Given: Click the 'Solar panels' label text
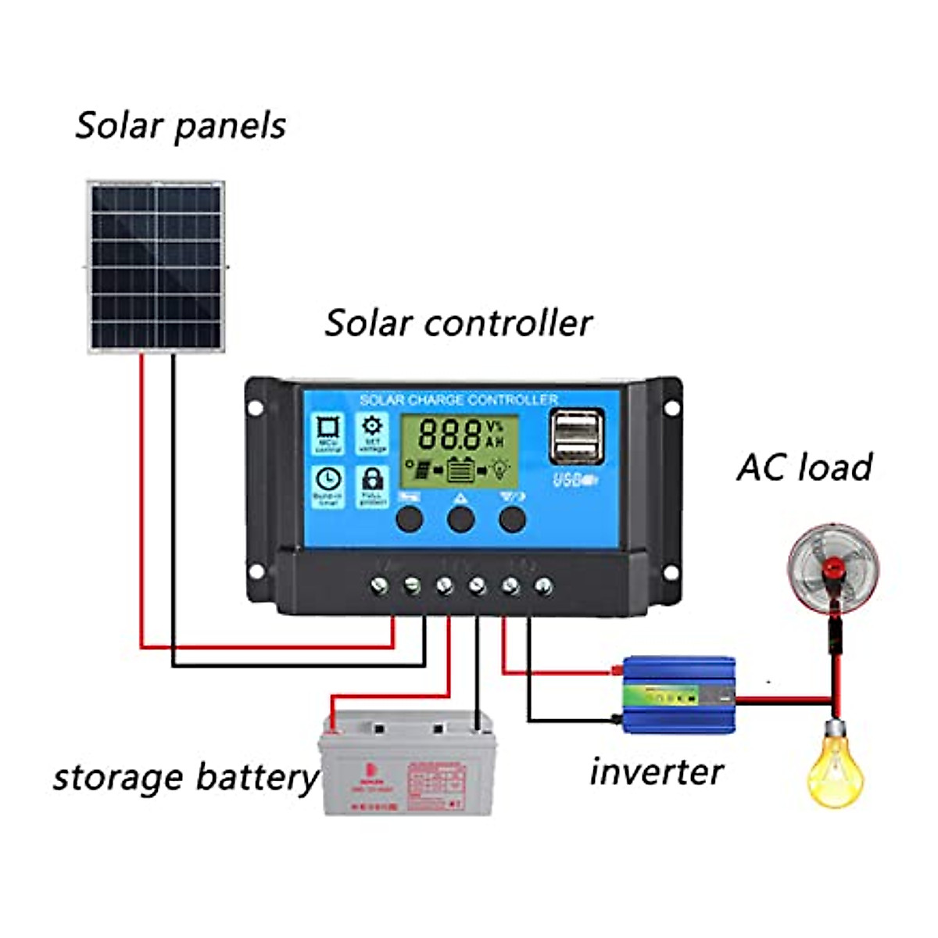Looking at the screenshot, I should pos(181,125).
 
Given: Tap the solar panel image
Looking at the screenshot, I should pos(156,267).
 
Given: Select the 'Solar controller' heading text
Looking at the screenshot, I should pos(459,323).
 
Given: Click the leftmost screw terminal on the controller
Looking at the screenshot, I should pos(380,585).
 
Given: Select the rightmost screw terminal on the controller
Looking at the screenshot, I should pos(544,585).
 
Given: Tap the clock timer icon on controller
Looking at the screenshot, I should pos(328,485).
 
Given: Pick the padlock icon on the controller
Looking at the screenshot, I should pos(372,485).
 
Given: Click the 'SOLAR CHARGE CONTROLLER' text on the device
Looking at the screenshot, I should pos(459,400).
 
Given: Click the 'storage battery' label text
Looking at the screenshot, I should pos(185,777).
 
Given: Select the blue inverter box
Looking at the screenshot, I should pos(678,694).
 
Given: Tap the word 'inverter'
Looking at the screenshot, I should pos(657,772).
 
